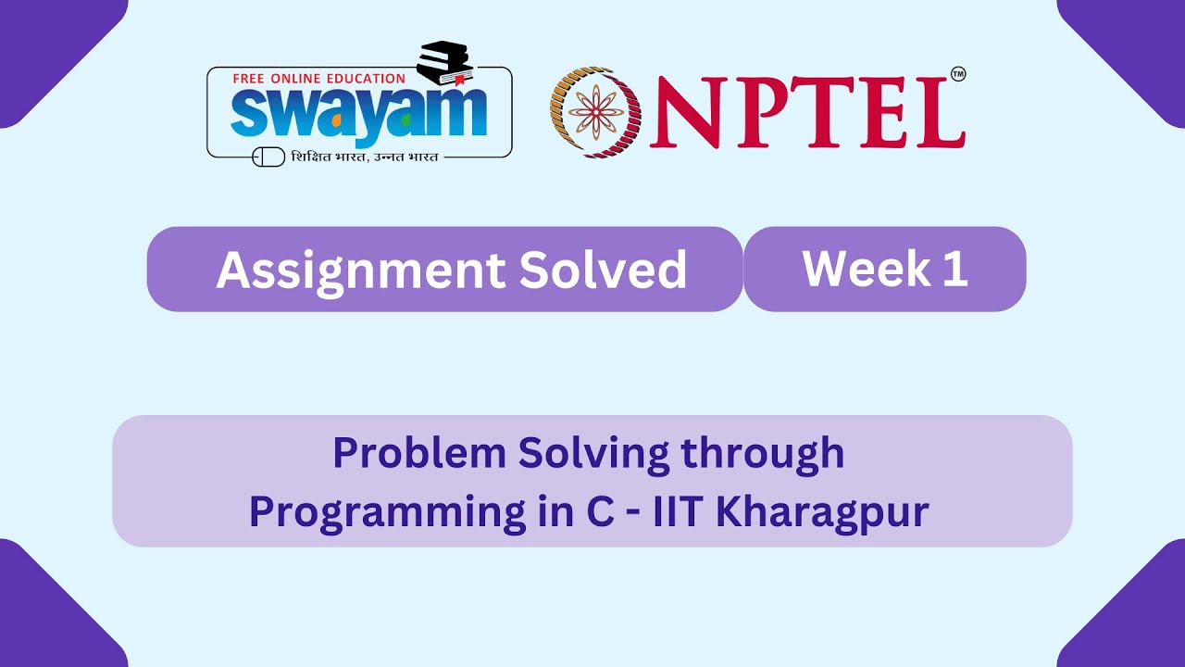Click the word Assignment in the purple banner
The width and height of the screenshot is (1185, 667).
pos(360,270)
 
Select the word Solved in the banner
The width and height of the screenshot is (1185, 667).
pos(603,270)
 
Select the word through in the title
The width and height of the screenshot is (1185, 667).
pos(762,454)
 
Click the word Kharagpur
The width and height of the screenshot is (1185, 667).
pos(821,512)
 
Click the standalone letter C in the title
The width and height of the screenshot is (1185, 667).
pos(601,512)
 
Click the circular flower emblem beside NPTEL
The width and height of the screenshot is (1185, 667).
pos(595,111)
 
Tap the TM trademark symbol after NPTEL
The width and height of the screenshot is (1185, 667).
pos(958,75)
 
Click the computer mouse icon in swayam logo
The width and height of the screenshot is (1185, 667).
pos(268,157)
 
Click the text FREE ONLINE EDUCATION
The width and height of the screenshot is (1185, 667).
pos(318,80)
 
